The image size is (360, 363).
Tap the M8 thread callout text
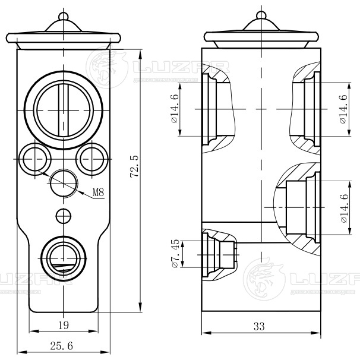click(99, 192)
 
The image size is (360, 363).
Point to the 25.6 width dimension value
click(62, 346)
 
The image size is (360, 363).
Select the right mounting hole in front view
click(91, 159)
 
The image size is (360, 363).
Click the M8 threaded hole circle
click(63, 183)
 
